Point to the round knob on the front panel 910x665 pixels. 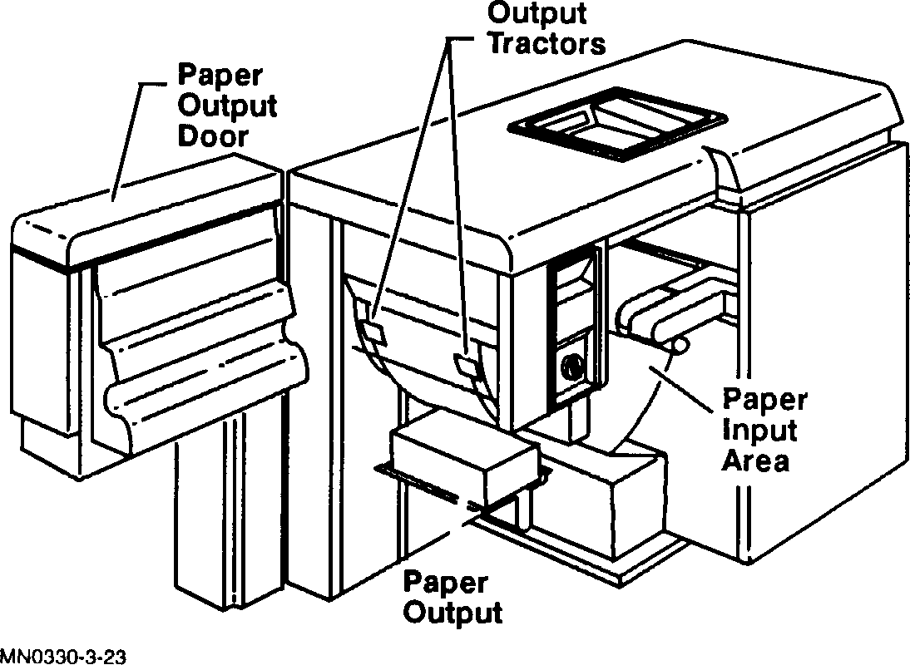(571, 366)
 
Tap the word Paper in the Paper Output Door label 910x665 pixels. (220, 76)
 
